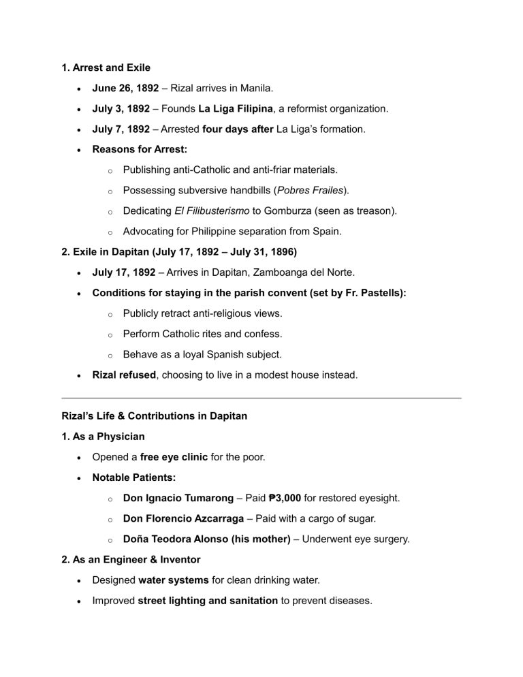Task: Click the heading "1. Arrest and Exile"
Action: [x=106, y=68]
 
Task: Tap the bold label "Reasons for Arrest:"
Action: [x=140, y=149]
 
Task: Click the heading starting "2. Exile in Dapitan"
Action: [x=178, y=252]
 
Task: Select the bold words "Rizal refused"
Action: [x=124, y=375]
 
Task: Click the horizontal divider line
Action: [x=261, y=398]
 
